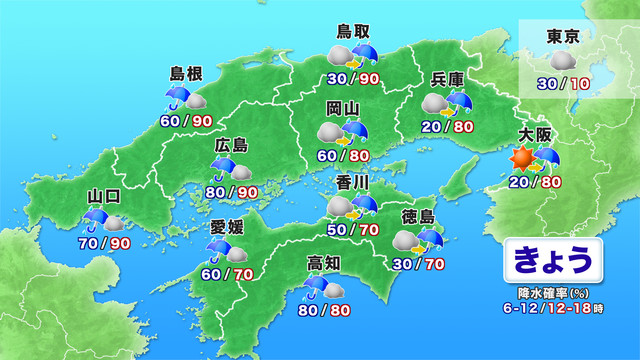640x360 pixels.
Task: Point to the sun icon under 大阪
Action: pos(520,158)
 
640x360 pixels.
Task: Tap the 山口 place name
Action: pos(103,194)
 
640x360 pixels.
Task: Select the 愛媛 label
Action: pos(226,225)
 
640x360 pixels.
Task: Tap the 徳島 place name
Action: pos(417,217)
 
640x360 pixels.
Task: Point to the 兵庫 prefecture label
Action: pos(447,80)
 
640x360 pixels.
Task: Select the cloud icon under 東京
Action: pos(563,61)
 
